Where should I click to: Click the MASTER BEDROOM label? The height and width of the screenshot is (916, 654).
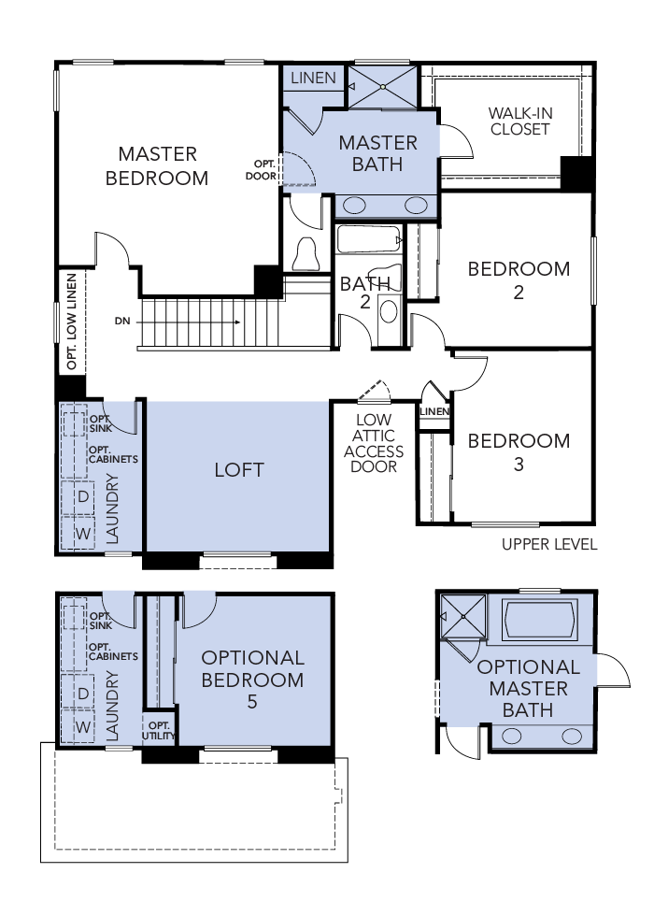tap(157, 165)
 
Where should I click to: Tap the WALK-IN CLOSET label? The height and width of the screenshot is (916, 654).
tap(520, 122)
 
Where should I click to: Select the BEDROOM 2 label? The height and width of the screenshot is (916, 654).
tap(519, 279)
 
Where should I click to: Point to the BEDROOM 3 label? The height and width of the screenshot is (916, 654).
tap(519, 451)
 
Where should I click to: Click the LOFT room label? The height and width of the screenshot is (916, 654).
tap(239, 469)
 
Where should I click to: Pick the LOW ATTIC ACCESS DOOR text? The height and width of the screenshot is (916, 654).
tap(374, 443)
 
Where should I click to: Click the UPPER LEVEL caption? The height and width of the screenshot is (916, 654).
tap(549, 544)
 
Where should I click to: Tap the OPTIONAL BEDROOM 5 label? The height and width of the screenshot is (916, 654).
tap(252, 680)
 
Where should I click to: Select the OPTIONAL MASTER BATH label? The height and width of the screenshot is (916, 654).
tap(528, 689)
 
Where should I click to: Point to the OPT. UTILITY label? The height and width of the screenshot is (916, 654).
tap(159, 730)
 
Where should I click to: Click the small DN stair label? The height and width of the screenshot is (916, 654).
tap(122, 321)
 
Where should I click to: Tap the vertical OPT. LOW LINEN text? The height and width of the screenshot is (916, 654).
tap(72, 322)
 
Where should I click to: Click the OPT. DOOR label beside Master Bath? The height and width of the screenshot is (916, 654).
tap(261, 169)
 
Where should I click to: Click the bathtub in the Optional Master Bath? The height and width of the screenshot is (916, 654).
tap(539, 618)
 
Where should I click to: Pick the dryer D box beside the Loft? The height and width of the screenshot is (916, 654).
tap(83, 497)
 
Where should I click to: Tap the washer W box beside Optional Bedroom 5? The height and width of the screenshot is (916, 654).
tap(83, 726)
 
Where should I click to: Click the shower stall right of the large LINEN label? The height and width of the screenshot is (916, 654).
tap(382, 87)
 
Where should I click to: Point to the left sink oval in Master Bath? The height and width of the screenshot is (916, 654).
tap(356, 206)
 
